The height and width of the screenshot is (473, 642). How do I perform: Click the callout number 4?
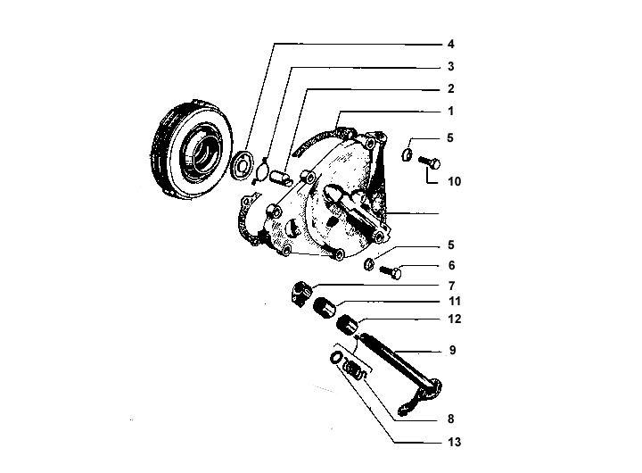coord(451,44)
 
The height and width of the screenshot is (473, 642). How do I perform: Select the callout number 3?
coord(451,66)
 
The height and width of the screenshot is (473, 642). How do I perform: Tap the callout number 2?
coord(451,88)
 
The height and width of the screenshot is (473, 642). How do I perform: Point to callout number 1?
coord(451,111)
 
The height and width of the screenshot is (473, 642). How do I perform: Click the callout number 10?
coord(455,181)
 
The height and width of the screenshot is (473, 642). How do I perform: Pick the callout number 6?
coord(451,265)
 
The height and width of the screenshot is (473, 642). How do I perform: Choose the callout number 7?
coord(451,286)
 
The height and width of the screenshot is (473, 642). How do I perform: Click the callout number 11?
coord(455,302)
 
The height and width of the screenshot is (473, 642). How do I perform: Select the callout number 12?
coord(455,319)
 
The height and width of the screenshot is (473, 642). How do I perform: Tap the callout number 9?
coord(452,350)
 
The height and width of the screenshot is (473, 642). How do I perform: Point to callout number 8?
coord(451,419)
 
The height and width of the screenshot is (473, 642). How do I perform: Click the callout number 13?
coord(455,442)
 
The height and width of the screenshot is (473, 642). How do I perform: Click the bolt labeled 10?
coord(429,162)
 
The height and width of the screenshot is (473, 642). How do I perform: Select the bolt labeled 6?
coord(391,271)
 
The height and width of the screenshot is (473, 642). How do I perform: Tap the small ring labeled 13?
coord(335,357)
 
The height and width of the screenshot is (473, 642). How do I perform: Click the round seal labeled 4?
coord(242,165)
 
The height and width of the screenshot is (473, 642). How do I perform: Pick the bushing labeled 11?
coord(324,308)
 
